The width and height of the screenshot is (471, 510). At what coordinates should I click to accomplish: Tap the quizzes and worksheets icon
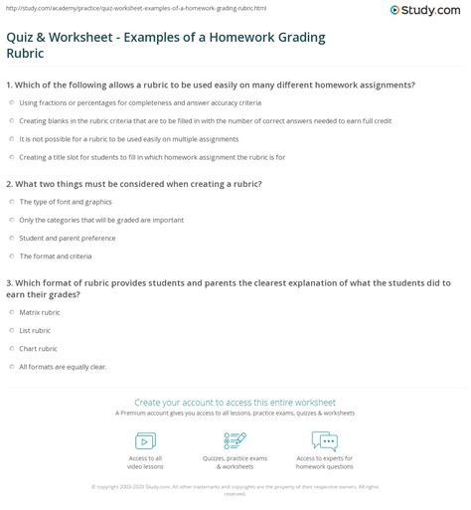point(235,441)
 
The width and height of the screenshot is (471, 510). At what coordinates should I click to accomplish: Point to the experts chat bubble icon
point(324,440)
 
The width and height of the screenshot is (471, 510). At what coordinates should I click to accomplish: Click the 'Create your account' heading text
point(235,396)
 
